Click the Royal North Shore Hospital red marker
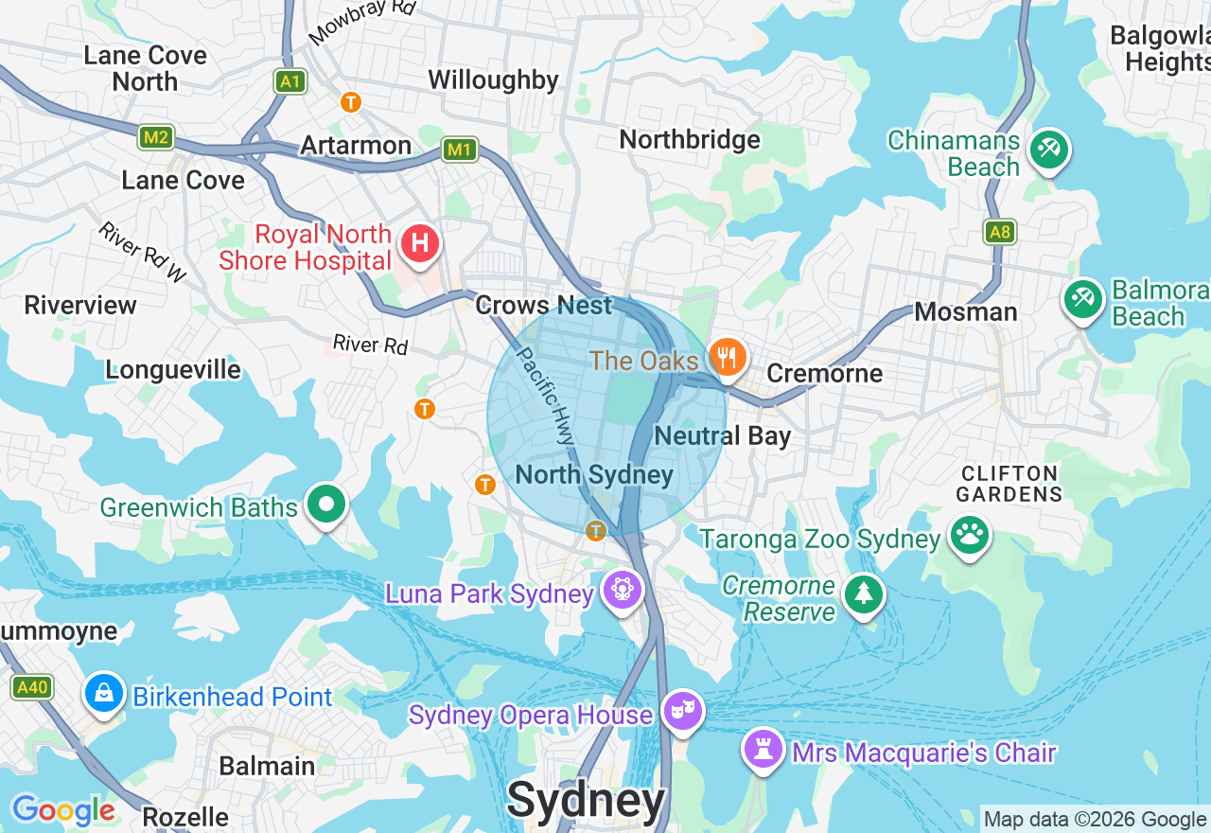(420, 244)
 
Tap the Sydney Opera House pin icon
(681, 710)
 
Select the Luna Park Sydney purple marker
(622, 590)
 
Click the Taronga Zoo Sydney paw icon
(969, 536)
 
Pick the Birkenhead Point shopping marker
(104, 693)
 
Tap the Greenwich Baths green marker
(326, 505)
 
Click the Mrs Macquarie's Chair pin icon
(763, 749)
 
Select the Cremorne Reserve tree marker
(863, 594)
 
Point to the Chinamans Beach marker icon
(1048, 150)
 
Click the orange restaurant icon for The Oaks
(727, 358)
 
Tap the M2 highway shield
(156, 138)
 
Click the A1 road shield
(290, 81)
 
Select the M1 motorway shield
(459, 150)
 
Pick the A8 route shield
(999, 232)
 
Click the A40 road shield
(32, 687)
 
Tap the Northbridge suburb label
(690, 140)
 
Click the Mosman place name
(965, 312)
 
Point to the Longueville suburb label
(173, 369)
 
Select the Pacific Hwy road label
(545, 396)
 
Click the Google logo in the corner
(63, 810)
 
